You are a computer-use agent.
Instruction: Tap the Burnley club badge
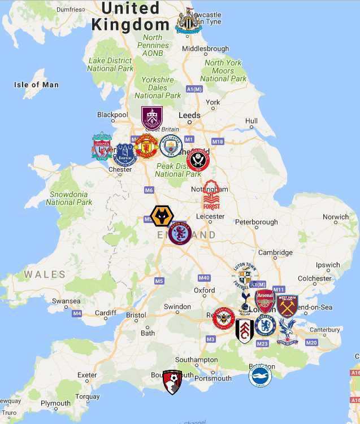pos(152,118)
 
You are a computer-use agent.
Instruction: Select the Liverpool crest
pos(102,146)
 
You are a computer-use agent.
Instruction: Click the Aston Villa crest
pos(180,233)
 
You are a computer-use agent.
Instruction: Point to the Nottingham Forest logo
pos(211,195)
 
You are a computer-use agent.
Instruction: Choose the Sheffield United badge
pos(198,160)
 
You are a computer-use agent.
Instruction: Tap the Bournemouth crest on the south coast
pos(172,382)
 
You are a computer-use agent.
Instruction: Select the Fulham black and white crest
pos(245,331)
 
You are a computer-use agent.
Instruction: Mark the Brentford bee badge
pos(224,318)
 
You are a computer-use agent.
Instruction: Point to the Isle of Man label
pos(36,85)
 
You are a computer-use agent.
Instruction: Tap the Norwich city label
pos(336,217)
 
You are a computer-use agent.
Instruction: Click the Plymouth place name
pos(55,403)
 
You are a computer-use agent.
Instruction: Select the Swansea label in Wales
pos(66,301)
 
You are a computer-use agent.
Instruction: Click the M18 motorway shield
pos(218,141)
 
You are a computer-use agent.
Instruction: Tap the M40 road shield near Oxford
pos(204,278)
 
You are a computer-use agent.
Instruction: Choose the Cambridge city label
pos(276,252)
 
